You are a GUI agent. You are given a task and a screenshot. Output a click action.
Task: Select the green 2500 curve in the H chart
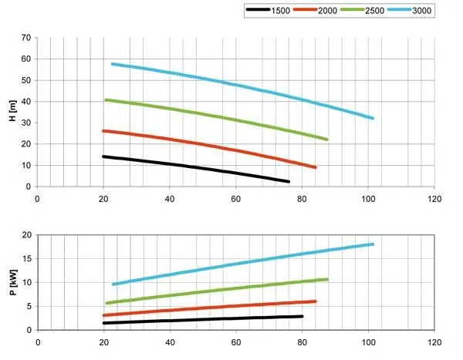tap(231, 119)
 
